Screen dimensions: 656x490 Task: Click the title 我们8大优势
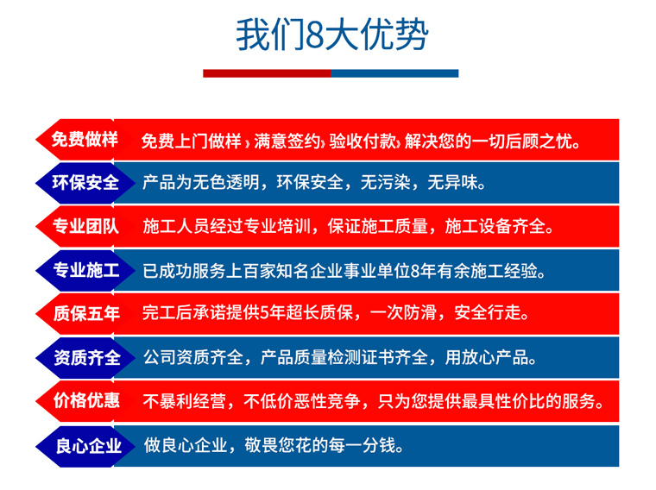pos(332,35)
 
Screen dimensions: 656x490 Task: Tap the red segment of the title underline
pos(267,73)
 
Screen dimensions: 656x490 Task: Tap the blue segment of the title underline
pos(394,73)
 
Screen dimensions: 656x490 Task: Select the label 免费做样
pos(85,139)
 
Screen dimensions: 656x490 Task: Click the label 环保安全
pos(85,183)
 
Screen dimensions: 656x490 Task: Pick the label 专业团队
pos(85,226)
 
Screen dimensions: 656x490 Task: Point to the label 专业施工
pos(86,270)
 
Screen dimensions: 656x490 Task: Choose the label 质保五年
pos(86,313)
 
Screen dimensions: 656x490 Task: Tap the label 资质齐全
pos(87,357)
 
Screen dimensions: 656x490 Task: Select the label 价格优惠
pos(86,401)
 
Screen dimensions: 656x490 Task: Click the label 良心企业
pos(89,446)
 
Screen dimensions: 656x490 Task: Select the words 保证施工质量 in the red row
pos(377,226)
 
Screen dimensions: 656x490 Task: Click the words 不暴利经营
pos(184,401)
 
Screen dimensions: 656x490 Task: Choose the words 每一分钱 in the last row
pos(362,446)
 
